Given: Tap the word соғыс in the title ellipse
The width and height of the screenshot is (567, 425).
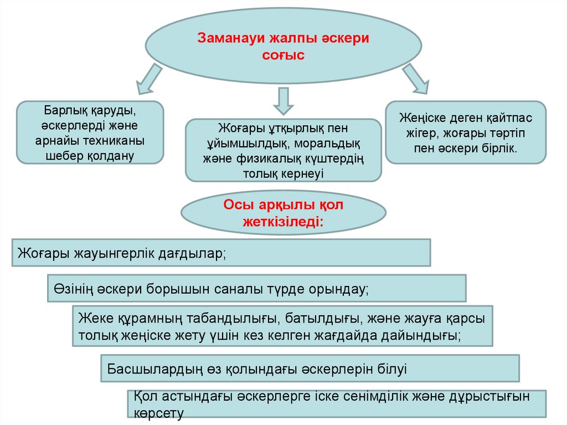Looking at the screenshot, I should point(283,55).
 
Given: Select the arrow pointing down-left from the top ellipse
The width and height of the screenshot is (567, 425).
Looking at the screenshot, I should point(149,78).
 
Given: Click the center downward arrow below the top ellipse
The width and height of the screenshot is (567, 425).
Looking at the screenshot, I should point(283,100).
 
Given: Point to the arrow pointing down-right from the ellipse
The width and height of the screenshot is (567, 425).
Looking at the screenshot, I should point(416,78).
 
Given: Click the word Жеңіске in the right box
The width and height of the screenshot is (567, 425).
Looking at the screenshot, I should point(421,118).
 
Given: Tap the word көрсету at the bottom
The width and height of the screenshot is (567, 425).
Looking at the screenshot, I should point(158,413).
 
